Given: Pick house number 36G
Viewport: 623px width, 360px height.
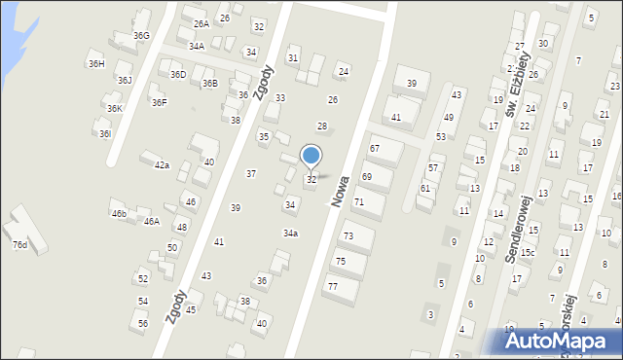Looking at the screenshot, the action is (142, 36).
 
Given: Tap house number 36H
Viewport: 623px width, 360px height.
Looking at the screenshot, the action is (96, 64).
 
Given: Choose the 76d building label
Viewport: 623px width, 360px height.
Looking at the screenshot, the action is (19, 245).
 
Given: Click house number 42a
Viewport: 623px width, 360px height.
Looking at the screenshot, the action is (162, 165).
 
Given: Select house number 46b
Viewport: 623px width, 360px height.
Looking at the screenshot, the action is (119, 213).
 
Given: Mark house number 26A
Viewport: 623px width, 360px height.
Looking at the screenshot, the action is (201, 23).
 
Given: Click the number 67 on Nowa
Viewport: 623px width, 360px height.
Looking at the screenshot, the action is (374, 148).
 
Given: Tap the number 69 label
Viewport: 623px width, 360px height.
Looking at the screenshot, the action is (367, 176).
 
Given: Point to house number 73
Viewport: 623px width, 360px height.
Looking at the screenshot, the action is (348, 236).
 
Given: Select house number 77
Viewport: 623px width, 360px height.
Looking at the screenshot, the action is (333, 286).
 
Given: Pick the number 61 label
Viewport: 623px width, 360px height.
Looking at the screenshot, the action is (425, 188).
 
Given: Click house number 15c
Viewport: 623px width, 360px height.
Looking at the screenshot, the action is (528, 252).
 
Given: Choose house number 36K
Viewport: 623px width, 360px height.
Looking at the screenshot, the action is (115, 108).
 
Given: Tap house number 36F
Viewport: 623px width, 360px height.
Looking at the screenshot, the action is (159, 102).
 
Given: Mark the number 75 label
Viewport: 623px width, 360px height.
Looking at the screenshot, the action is (341, 261).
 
